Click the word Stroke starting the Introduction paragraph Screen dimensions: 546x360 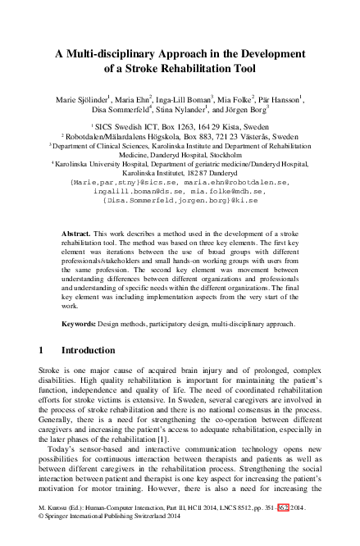[51, 371]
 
